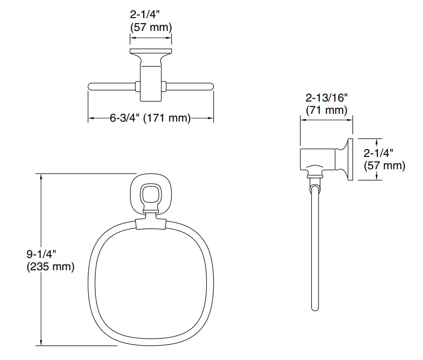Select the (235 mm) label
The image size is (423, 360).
pos(50,267)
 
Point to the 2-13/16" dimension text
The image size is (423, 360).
pos(326,97)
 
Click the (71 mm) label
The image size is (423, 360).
pos(326,110)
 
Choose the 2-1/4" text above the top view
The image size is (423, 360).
pos(150,15)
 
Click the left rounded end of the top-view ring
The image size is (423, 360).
pos(90,87)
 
